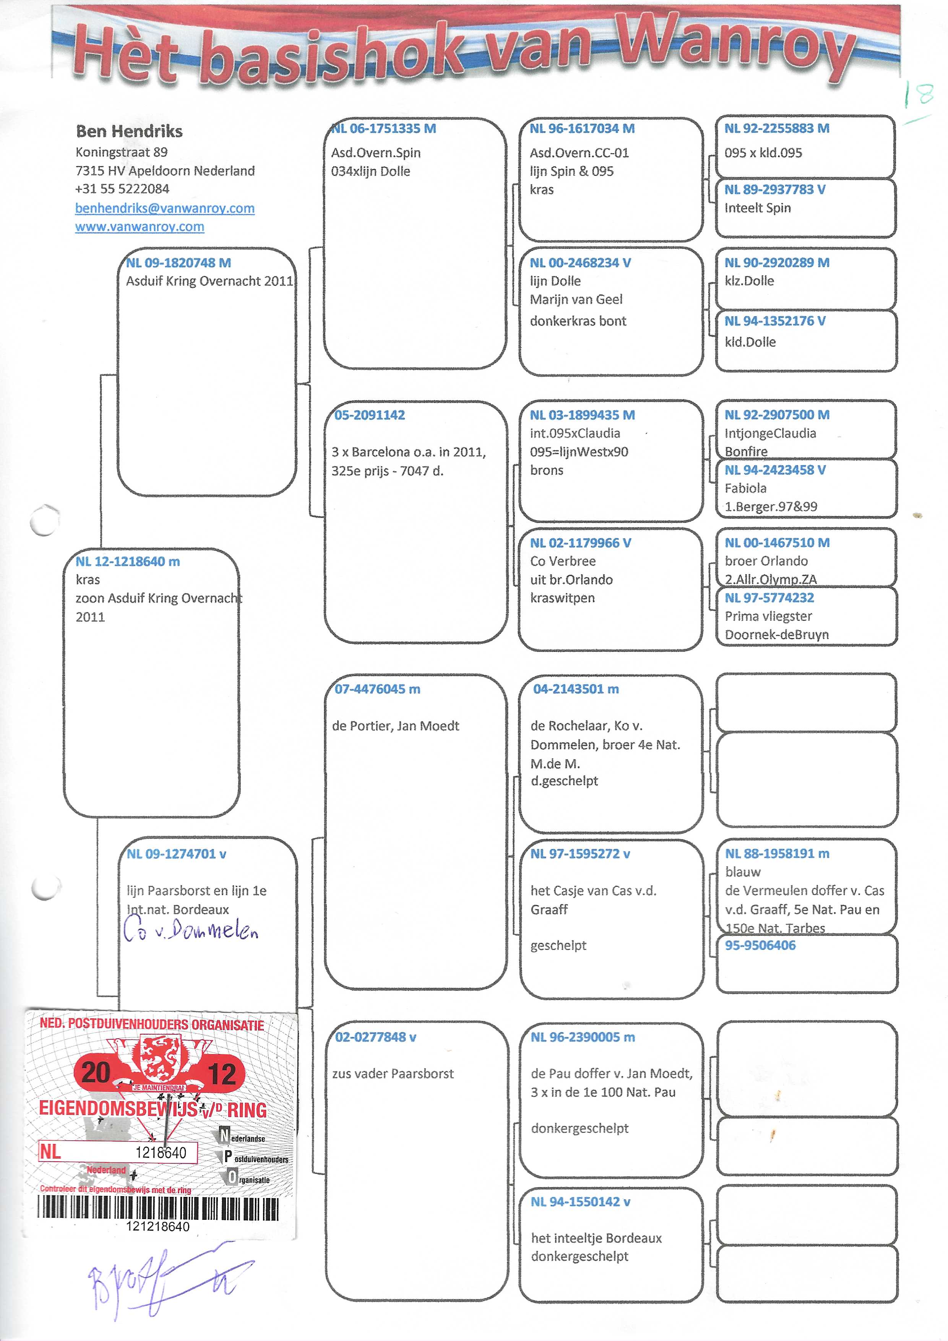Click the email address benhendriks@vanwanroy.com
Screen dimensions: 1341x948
165,208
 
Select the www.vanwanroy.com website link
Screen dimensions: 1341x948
140,227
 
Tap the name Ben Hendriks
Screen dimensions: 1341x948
129,132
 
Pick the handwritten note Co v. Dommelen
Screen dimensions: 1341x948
190,931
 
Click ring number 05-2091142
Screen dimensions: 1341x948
369,415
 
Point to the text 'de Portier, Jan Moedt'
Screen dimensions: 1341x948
395,726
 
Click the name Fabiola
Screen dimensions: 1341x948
745,488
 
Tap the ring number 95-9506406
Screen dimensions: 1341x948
760,946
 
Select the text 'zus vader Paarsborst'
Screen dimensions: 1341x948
393,1073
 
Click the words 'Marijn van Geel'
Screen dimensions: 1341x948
576,300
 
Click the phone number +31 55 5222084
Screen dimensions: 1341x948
122,189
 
